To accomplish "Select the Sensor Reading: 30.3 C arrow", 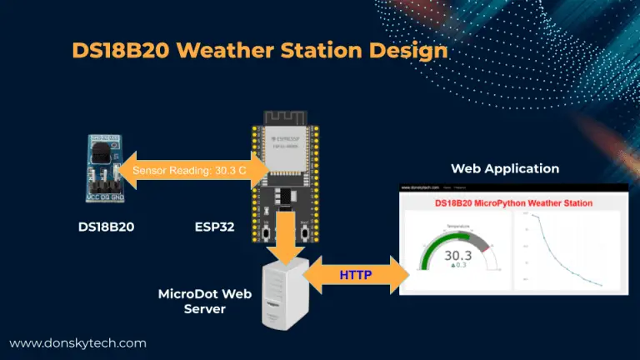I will click(192, 170).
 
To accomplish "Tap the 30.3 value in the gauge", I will click(457, 256).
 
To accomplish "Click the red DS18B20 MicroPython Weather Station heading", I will click(513, 202).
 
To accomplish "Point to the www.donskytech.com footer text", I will click(77, 342).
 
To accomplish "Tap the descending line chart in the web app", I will click(567, 250).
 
